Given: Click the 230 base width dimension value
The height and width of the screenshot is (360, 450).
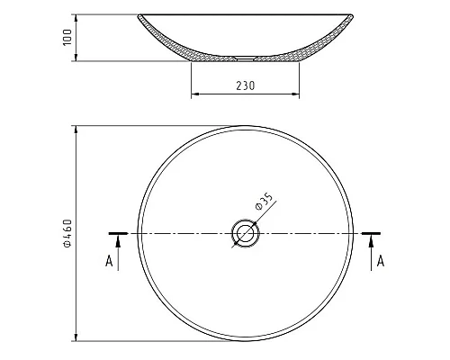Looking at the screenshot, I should point(245,85).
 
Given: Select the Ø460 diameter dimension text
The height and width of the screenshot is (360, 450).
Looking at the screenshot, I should point(66,233).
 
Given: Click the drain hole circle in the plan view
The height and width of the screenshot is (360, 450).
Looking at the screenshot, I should point(244,233).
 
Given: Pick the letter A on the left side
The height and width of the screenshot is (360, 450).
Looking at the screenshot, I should point(109,261).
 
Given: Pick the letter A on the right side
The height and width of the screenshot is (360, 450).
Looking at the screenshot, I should point(381,261).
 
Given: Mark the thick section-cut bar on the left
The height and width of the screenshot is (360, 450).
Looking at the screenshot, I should point(118,233).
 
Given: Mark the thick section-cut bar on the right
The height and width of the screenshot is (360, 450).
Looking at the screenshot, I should point(371,233).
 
